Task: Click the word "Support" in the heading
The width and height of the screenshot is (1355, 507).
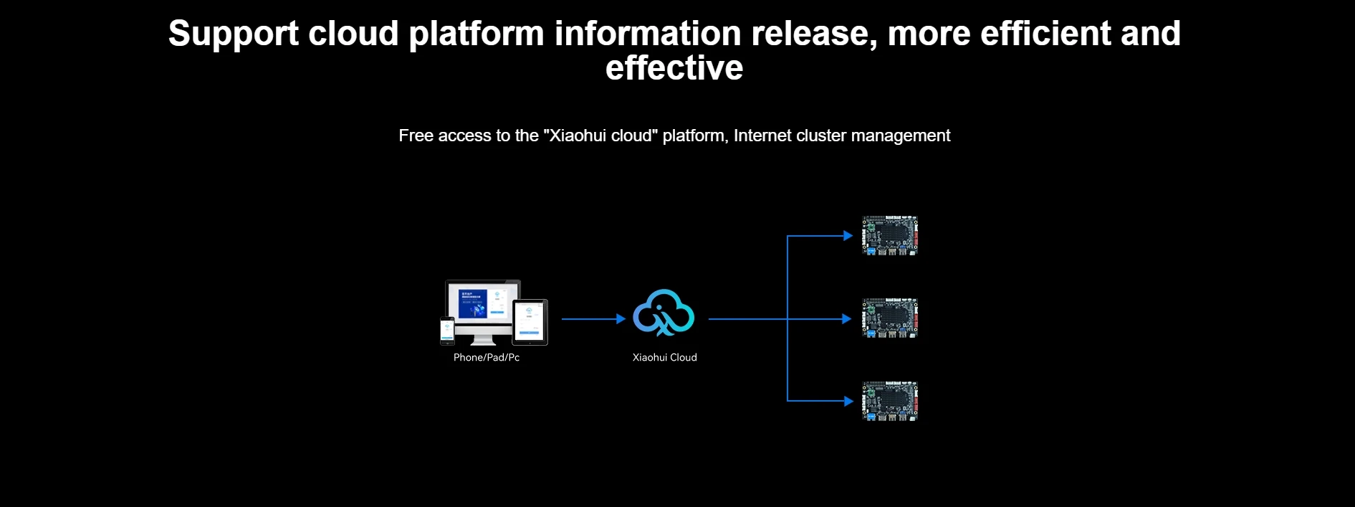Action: [233, 34]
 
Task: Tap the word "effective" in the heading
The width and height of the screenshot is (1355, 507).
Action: [674, 68]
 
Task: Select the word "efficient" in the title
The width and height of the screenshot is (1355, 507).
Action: [1045, 34]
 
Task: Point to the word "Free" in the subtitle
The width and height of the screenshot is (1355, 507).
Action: [416, 136]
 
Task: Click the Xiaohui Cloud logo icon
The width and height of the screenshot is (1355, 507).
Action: [664, 313]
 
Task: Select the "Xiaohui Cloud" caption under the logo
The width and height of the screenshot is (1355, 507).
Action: [664, 357]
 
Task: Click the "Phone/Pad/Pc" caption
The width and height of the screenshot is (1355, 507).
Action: [487, 357]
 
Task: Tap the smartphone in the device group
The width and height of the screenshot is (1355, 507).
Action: [447, 331]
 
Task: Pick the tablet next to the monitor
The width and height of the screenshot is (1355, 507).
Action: [530, 322]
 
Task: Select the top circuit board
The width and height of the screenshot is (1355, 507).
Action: [890, 235]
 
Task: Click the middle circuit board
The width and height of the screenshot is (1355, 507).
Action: [890, 318]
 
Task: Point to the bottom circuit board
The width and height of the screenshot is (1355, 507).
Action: [890, 401]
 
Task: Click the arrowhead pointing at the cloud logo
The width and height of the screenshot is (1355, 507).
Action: [621, 319]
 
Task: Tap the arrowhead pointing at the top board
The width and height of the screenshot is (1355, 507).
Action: [848, 236]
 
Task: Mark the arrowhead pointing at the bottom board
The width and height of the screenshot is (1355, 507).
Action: [848, 401]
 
